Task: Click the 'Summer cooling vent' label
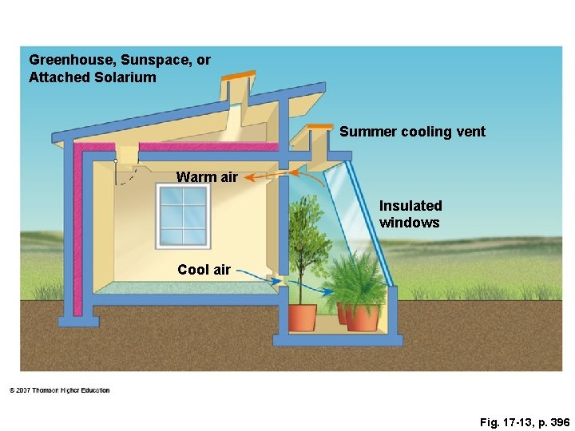[x=412, y=132]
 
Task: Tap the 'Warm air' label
[x=207, y=177]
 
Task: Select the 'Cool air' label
[x=204, y=270]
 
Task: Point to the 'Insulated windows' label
[x=410, y=214]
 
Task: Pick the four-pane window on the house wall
[x=183, y=216]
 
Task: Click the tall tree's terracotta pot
[x=303, y=317]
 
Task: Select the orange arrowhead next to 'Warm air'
[x=248, y=177]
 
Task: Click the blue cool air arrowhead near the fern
[x=328, y=292]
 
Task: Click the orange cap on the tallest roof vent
[x=238, y=75]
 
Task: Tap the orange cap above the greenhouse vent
[x=319, y=126]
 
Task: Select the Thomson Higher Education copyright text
[x=60, y=390]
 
